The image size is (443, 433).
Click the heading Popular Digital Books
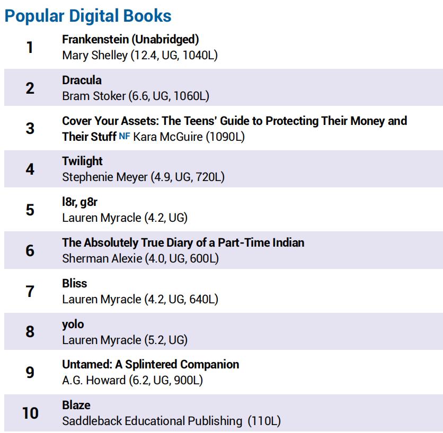tap(88, 16)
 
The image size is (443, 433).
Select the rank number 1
tap(30, 47)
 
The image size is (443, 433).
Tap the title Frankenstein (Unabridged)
tap(130, 39)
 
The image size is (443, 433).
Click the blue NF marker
tap(125, 136)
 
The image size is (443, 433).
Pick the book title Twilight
tap(82, 161)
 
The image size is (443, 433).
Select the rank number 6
tap(30, 250)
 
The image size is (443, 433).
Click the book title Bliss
tap(74, 283)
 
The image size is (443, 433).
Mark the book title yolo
tap(73, 324)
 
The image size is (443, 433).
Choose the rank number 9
tap(30, 372)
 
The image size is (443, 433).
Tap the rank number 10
tap(30, 413)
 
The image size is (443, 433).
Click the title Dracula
tap(82, 80)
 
